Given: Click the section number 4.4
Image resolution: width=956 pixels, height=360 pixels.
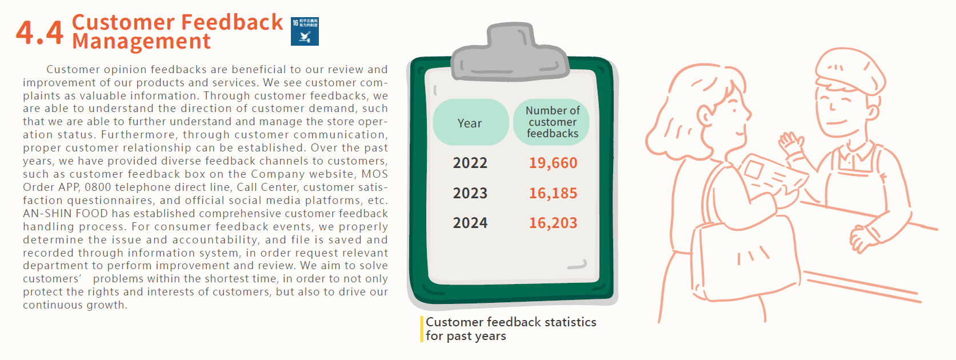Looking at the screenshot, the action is pyautogui.click(x=39, y=33).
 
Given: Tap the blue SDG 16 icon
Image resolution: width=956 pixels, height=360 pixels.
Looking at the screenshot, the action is pyautogui.click(x=305, y=31).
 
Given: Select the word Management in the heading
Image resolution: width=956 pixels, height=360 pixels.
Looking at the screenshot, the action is pyautogui.click(x=141, y=42).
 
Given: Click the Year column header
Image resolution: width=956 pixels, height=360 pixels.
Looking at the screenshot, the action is pyautogui.click(x=470, y=123).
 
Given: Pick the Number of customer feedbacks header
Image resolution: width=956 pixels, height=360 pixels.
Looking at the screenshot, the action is pyautogui.click(x=552, y=122).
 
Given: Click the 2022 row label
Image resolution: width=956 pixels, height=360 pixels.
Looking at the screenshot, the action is pyautogui.click(x=470, y=163).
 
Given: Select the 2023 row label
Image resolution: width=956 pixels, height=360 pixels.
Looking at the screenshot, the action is pyautogui.click(x=470, y=193).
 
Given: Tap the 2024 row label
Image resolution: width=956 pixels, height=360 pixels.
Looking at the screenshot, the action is pyautogui.click(x=470, y=223).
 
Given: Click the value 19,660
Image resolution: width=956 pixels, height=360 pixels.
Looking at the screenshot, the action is pyautogui.click(x=553, y=163).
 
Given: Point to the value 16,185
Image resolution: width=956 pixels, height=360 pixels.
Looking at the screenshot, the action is pyautogui.click(x=553, y=193).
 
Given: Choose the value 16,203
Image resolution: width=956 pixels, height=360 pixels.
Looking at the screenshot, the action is pyautogui.click(x=553, y=223).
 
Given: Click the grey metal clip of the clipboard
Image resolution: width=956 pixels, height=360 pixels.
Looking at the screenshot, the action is pyautogui.click(x=511, y=52).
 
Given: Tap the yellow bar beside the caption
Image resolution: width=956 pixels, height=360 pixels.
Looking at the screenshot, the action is pyautogui.click(x=422, y=329).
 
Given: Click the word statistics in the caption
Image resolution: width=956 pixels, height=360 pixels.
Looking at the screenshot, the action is pyautogui.click(x=570, y=322).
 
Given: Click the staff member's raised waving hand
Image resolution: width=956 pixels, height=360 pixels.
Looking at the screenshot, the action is pyautogui.click(x=792, y=145).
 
